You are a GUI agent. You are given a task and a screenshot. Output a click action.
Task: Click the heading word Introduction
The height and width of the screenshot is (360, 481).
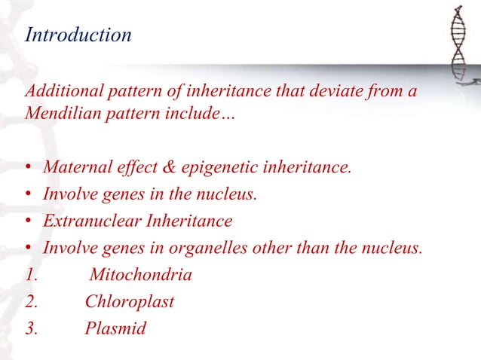[x=78, y=35]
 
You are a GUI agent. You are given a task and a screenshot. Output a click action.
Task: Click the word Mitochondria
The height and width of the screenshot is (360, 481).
[x=139, y=275]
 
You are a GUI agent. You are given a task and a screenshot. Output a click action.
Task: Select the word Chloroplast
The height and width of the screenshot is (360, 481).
[x=130, y=302]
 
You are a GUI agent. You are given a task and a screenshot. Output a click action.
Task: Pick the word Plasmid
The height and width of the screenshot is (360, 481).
[x=115, y=329]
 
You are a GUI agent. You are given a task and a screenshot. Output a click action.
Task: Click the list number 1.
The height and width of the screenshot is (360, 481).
[x=31, y=275]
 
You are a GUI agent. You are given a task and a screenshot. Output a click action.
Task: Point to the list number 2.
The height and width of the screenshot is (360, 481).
[x=31, y=302]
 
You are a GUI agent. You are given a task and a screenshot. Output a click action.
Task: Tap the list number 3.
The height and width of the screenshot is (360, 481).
[x=31, y=329]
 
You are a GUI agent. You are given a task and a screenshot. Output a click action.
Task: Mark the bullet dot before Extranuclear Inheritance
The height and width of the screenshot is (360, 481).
[x=28, y=222]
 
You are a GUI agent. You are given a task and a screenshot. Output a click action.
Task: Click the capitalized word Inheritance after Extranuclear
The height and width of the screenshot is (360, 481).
[x=186, y=221]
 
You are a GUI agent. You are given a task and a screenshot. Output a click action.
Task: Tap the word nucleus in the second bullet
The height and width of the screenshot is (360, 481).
[x=230, y=194]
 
